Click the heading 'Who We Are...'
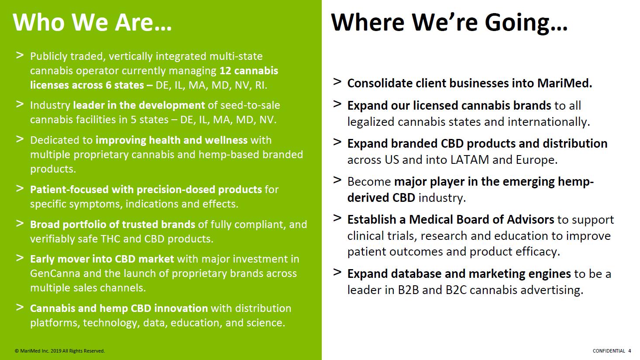pos(92,22)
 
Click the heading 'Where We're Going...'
pos(449,23)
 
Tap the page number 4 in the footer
pos(630,351)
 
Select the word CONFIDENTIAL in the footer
pos(609,351)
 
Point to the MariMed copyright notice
pos(60,351)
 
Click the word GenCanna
pos(55,273)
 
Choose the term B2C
pos(456,290)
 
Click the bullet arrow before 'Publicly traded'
pos(20,55)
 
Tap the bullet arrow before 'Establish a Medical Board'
pos(337,218)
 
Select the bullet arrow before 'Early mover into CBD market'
pos(20,258)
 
